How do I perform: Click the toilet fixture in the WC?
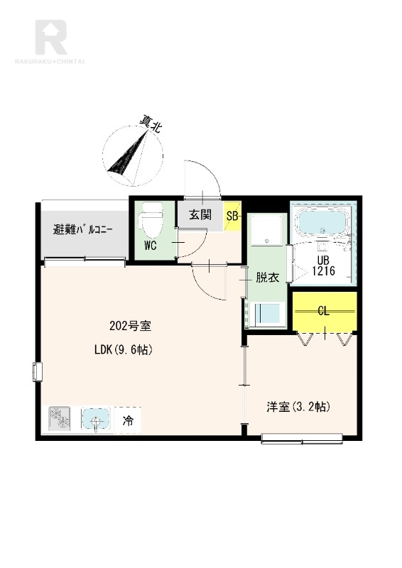[152, 219]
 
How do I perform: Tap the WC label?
[151, 246]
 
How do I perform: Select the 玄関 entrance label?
[200, 215]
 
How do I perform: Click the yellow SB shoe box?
[232, 217]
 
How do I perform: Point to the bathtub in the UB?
[321, 222]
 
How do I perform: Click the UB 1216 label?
[323, 266]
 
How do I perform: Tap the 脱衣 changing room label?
[268, 278]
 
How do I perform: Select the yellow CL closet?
[325, 311]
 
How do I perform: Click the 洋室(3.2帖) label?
[298, 407]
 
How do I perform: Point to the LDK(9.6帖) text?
[123, 349]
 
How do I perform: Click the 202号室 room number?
[130, 326]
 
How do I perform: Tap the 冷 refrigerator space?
[128, 420]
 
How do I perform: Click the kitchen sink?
[95, 418]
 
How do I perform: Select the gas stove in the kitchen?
[60, 419]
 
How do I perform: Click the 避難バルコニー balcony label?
[83, 229]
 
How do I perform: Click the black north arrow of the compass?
[128, 152]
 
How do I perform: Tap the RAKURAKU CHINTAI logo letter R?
[50, 37]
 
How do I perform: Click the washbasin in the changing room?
[267, 230]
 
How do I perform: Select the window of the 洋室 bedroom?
[302, 439]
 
